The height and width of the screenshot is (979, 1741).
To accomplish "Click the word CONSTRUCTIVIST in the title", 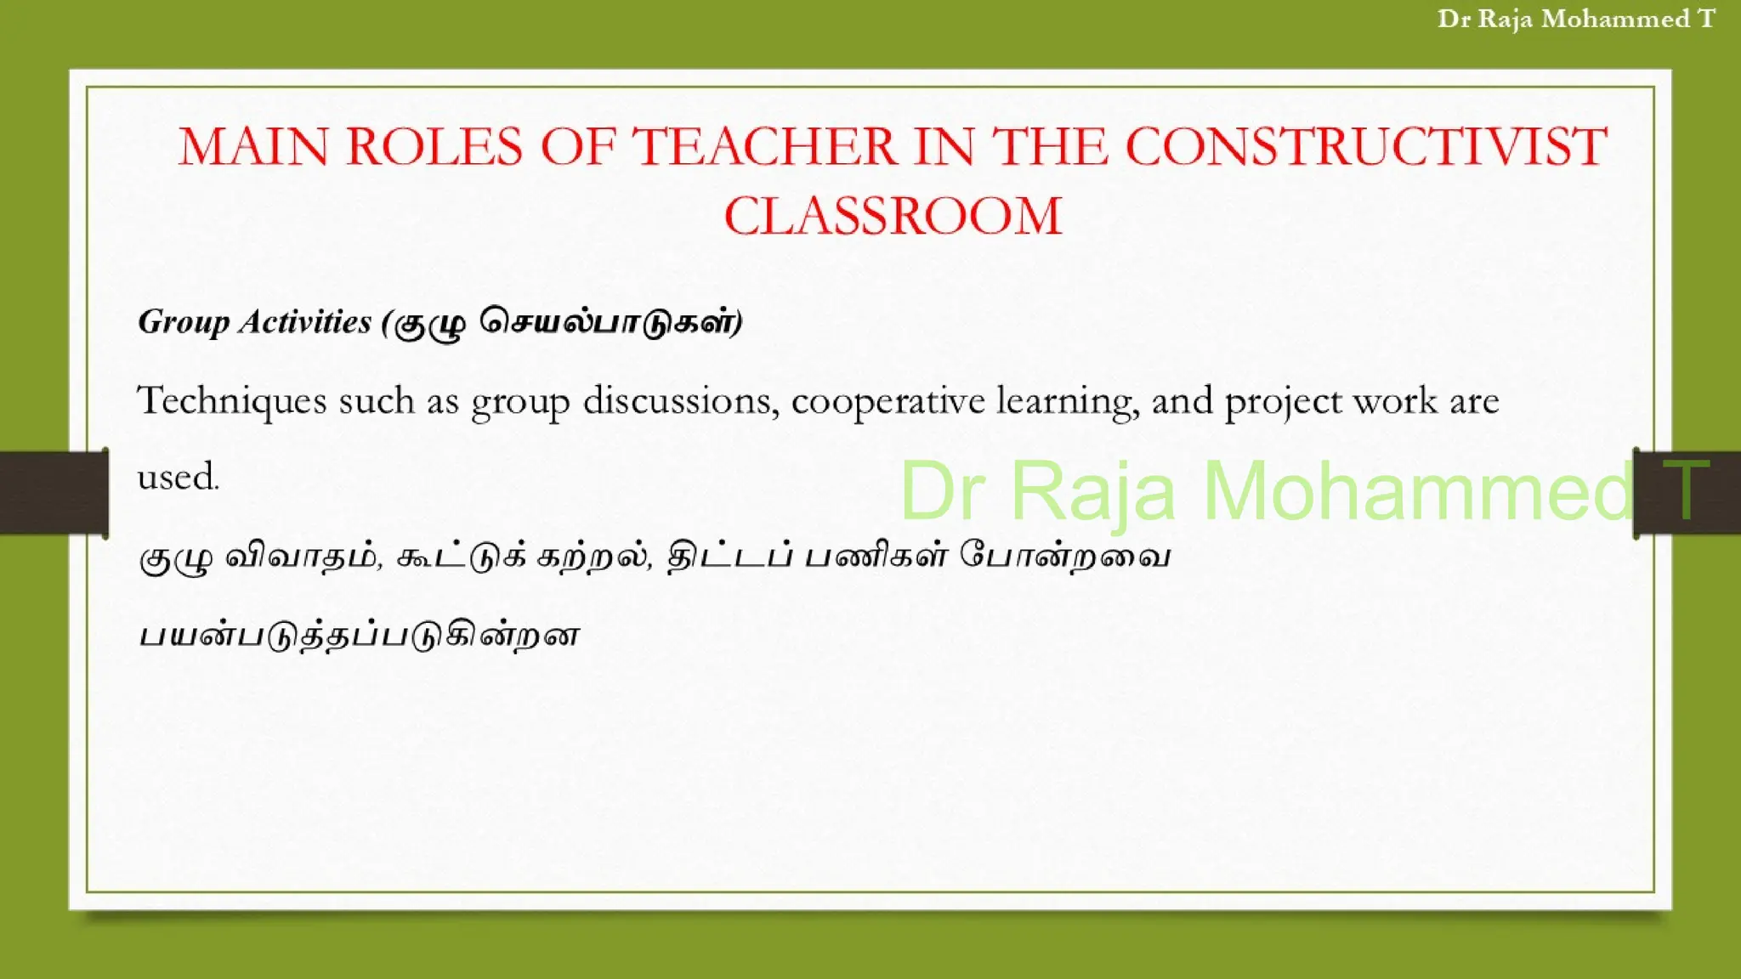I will pos(1366,146).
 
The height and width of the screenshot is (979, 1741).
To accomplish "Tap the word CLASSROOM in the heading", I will pos(893,216).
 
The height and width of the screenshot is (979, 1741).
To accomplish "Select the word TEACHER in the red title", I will pos(764,146).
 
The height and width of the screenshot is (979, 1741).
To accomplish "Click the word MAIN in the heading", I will pos(252,146).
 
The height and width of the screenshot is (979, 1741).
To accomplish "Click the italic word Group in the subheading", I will pos(184,323).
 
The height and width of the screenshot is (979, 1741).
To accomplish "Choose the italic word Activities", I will pos(305,322).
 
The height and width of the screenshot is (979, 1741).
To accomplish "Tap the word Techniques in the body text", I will pos(232,401).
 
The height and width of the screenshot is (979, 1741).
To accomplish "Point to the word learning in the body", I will pos(1067,401).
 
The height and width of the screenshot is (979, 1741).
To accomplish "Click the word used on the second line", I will pos(178,477).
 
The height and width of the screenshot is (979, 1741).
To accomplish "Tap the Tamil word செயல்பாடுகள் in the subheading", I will pos(608,322).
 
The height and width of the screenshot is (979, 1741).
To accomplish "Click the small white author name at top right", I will pos(1575,19).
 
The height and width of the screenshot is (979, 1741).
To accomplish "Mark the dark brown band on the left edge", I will pos(53,493).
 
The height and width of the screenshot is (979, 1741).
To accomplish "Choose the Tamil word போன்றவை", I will pos(1065,557).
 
